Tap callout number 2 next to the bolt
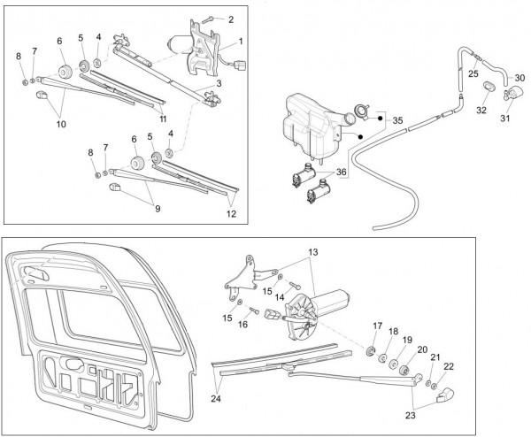pos(231,19)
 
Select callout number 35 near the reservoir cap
pos(397,119)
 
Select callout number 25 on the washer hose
pos(473,73)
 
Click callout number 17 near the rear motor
pos(377,326)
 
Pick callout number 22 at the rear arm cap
pos(449,366)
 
